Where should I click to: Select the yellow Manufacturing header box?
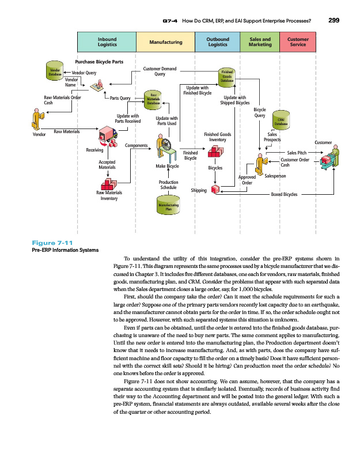(165, 42)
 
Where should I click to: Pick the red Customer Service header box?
(298, 41)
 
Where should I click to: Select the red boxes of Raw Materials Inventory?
(108, 182)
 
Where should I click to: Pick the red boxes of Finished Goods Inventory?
(215, 152)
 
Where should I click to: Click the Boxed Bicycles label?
(284, 195)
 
